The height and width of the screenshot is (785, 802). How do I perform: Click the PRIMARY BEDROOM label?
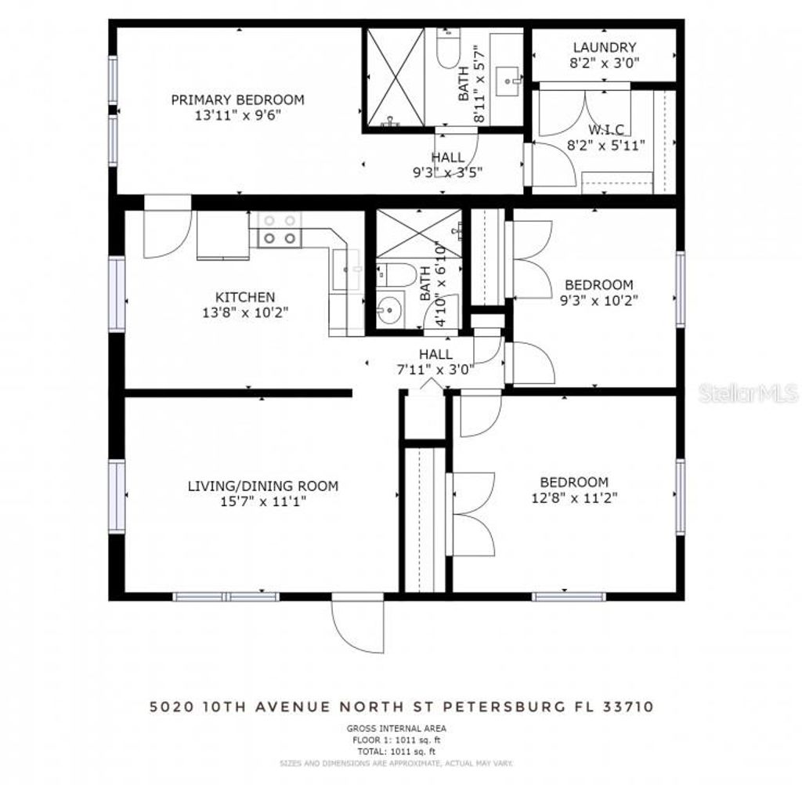click(x=237, y=99)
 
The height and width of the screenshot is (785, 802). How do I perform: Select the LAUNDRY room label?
click(x=604, y=48)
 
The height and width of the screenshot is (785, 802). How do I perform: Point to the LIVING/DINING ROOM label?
click(x=262, y=486)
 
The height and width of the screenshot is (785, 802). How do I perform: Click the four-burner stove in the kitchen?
click(x=280, y=230)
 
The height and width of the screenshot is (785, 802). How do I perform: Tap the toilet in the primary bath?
click(x=448, y=52)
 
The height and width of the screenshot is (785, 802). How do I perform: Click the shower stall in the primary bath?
click(x=396, y=77)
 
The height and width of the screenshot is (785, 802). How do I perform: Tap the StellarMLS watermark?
click(x=749, y=392)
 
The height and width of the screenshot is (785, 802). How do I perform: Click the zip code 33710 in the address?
click(x=624, y=707)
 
